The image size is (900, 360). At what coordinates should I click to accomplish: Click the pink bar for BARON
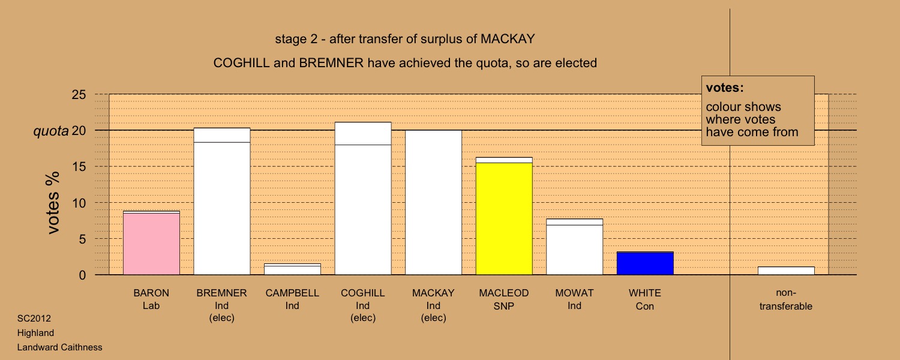[x=151, y=242]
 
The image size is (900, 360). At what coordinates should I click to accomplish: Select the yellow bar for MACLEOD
[x=504, y=216]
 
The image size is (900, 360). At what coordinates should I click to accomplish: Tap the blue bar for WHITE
[x=645, y=263]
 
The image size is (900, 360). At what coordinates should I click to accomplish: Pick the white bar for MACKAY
[x=433, y=203]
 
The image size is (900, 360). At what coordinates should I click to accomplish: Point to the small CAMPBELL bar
[x=292, y=269]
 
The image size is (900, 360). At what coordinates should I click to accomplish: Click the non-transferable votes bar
[x=786, y=271]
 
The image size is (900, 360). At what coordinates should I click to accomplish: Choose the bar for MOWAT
[x=574, y=247]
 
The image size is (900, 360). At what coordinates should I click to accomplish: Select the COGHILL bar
[x=363, y=199]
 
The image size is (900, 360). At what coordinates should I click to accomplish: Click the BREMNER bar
[x=222, y=201]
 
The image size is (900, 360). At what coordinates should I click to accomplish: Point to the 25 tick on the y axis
[x=79, y=95]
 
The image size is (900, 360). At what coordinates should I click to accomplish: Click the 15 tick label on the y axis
[x=79, y=167]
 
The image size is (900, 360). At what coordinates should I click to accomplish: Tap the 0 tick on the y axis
[x=82, y=275]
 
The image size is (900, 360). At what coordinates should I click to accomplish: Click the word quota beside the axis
[x=51, y=131]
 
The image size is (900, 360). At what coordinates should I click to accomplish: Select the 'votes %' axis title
[x=53, y=203]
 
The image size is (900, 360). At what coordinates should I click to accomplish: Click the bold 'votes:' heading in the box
[x=725, y=88]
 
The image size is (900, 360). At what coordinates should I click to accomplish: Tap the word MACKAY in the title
[x=508, y=39]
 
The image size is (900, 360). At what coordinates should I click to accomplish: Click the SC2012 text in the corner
[x=34, y=319]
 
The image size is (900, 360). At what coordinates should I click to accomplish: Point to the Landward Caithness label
[x=59, y=347]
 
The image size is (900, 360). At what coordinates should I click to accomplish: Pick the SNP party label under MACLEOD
[x=504, y=306]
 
